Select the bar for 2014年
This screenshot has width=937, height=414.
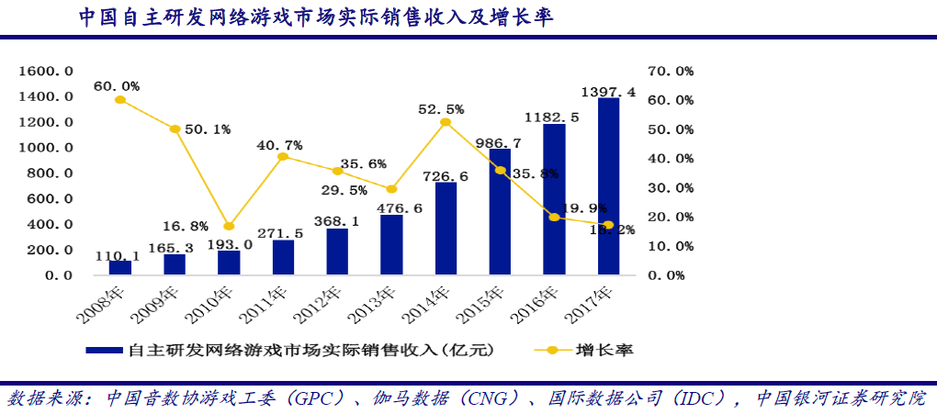(446, 229)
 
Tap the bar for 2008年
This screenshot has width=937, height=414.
(120, 267)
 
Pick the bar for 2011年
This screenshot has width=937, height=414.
(283, 257)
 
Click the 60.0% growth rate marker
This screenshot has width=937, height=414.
(119, 99)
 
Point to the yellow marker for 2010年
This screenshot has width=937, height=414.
(229, 226)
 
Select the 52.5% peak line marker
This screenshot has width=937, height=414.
(446, 122)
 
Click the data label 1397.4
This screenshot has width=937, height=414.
(608, 92)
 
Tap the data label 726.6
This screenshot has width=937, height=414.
(446, 176)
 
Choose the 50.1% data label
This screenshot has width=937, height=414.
(207, 129)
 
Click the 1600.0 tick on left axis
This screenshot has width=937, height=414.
(46, 71)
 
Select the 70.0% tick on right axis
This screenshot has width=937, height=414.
(671, 71)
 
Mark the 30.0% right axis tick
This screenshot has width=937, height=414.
(671, 187)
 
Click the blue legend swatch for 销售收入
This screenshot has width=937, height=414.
(106, 350)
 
